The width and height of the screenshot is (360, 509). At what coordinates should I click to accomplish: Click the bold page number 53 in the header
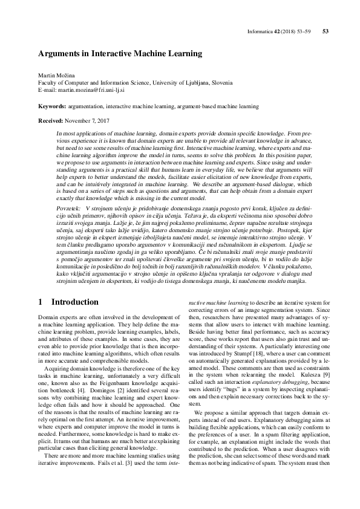click(326, 31)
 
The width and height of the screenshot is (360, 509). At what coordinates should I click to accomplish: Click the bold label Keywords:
click(51, 106)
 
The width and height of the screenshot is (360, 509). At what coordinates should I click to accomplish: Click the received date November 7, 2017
click(88, 121)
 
